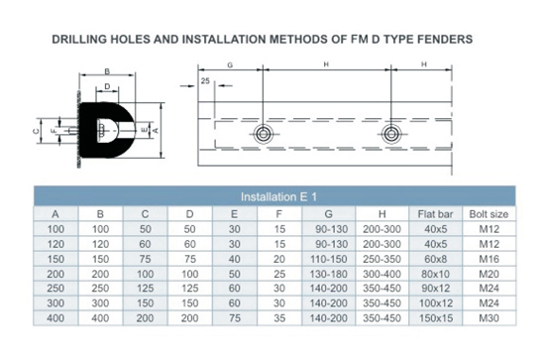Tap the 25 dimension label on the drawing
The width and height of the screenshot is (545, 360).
pyautogui.click(x=205, y=81)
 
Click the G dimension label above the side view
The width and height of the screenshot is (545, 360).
pyautogui.click(x=230, y=65)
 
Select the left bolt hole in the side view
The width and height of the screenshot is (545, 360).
pyautogui.click(x=263, y=134)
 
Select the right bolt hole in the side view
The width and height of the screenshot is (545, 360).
pyautogui.click(x=391, y=134)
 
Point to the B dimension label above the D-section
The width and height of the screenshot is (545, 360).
pyautogui.click(x=107, y=71)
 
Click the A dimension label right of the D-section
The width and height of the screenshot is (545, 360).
pyautogui.click(x=156, y=131)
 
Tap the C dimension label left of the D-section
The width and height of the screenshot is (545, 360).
pyautogui.click(x=36, y=131)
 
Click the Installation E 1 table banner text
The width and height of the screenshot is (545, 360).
pyautogui.click(x=278, y=197)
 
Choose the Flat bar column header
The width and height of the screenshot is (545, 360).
pyautogui.click(x=436, y=214)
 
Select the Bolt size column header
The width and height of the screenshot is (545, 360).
pyautogui.click(x=489, y=214)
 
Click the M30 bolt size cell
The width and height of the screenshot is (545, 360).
pyautogui.click(x=490, y=318)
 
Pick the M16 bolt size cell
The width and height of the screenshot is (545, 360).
pyautogui.click(x=490, y=259)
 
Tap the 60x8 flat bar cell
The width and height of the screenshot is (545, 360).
pyautogui.click(x=436, y=259)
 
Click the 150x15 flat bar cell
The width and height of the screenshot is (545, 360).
pyautogui.click(x=436, y=318)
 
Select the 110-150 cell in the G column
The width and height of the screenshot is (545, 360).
pyautogui.click(x=328, y=259)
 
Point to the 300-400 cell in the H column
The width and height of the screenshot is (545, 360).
pyautogui.click(x=381, y=274)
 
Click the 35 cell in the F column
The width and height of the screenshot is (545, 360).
pyautogui.click(x=279, y=318)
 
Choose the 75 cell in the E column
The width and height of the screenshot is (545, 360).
pyautogui.click(x=235, y=318)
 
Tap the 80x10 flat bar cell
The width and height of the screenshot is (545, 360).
pyautogui.click(x=436, y=274)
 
